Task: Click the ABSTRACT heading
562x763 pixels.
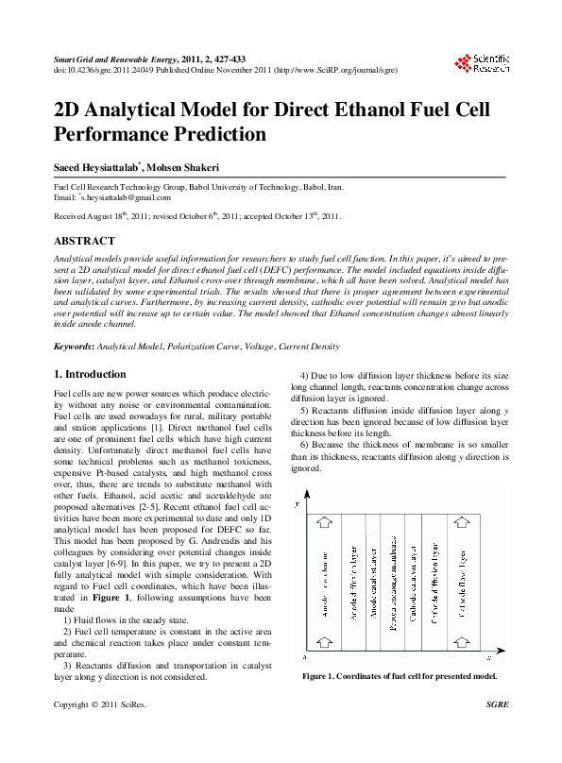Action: point(85,242)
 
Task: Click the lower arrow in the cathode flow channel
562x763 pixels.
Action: point(462,643)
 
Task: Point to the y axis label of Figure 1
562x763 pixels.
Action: point(297,506)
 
